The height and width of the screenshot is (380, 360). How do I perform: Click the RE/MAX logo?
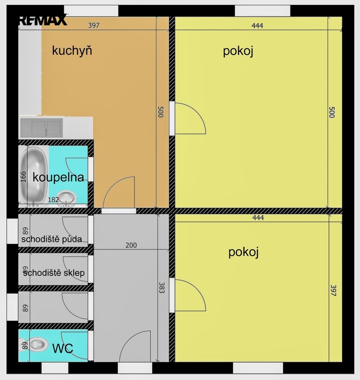tap(43, 20)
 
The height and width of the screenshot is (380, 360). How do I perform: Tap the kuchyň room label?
tap(72, 51)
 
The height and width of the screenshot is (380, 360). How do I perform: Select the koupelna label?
tap(58, 178)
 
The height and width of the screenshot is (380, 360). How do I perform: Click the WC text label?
tap(63, 348)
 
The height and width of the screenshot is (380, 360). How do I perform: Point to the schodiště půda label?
tap(51, 239)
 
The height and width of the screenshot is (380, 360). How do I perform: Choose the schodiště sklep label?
tap(54, 273)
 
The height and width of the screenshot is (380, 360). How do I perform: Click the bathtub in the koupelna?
tap(34, 176)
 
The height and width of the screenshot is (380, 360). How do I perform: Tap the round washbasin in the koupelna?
tap(66, 198)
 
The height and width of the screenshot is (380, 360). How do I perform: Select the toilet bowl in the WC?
tap(35, 344)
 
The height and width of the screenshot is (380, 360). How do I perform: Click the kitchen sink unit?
tap(42, 128)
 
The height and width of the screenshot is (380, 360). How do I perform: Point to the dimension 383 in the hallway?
tap(162, 287)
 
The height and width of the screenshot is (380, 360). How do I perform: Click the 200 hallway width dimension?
tap(131, 245)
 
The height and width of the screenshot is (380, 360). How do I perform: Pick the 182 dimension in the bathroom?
tap(53, 199)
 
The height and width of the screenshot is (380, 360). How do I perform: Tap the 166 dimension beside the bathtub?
tap(23, 177)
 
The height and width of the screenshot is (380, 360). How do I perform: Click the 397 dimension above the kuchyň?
tap(93, 25)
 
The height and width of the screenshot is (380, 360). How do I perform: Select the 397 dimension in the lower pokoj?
tap(333, 290)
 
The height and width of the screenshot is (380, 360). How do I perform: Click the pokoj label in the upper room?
tap(238, 51)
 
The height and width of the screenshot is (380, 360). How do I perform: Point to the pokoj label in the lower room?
tap(243, 252)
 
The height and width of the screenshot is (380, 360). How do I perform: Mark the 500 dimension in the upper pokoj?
tap(332, 112)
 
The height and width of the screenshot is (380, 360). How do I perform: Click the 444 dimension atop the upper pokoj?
tap(257, 25)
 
